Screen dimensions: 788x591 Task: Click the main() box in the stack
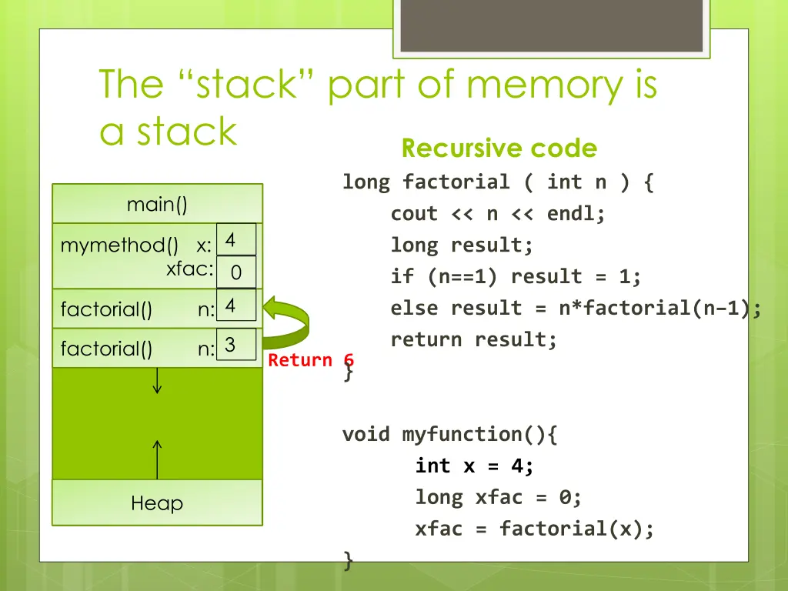click(157, 203)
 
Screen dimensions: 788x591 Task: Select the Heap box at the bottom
click(157, 503)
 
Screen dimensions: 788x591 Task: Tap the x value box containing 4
click(236, 239)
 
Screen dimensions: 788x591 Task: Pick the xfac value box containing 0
click(236, 272)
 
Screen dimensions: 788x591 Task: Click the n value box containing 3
click(236, 344)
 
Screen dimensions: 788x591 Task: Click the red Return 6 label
click(311, 360)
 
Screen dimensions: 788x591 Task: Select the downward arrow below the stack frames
click(157, 380)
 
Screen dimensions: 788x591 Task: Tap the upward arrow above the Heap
click(157, 460)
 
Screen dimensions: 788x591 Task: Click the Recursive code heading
click(499, 149)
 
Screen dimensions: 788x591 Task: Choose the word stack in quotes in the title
click(246, 84)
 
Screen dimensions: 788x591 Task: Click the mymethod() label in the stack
click(119, 245)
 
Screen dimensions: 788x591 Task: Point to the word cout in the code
click(414, 214)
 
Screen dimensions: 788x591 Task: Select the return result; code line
click(474, 339)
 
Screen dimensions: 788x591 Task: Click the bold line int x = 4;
click(474, 466)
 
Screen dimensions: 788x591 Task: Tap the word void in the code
click(366, 434)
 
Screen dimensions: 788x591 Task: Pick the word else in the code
click(414, 308)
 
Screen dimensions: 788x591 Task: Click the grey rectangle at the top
click(551, 25)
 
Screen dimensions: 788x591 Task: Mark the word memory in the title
click(545, 86)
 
